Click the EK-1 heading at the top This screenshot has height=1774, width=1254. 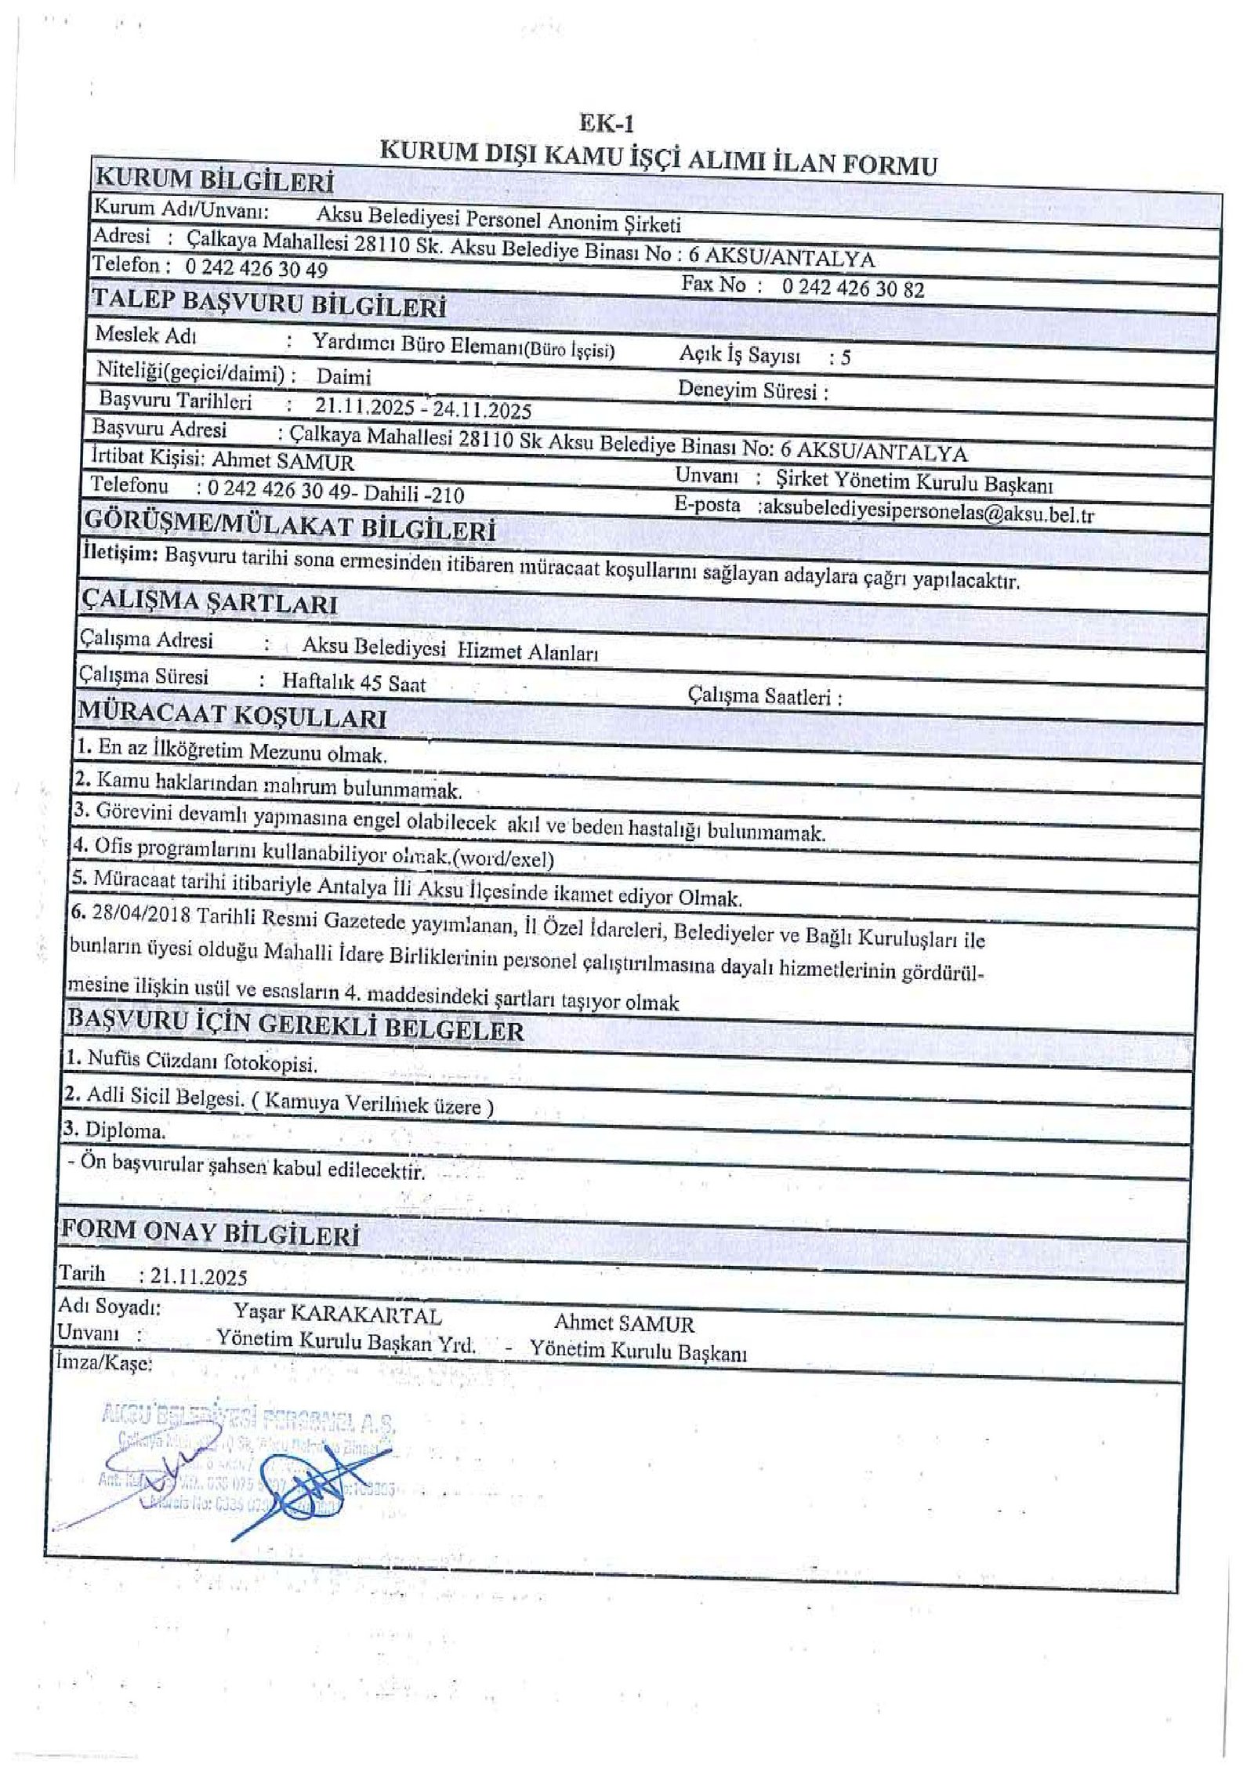(x=606, y=124)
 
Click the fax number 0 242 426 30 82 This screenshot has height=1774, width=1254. (x=853, y=288)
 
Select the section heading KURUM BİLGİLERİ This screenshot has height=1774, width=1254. (x=213, y=180)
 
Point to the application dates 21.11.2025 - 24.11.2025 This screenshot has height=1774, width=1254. (x=423, y=408)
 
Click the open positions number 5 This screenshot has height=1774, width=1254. (x=845, y=358)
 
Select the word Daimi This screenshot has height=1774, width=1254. (x=343, y=376)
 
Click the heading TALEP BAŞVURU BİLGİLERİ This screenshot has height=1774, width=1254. (x=269, y=303)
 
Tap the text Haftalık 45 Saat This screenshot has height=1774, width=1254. (x=353, y=682)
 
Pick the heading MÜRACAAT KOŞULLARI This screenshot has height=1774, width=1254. (x=231, y=716)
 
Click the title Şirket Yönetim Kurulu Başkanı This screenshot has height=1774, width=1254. (x=914, y=482)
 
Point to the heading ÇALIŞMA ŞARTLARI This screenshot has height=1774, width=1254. (x=209, y=602)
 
